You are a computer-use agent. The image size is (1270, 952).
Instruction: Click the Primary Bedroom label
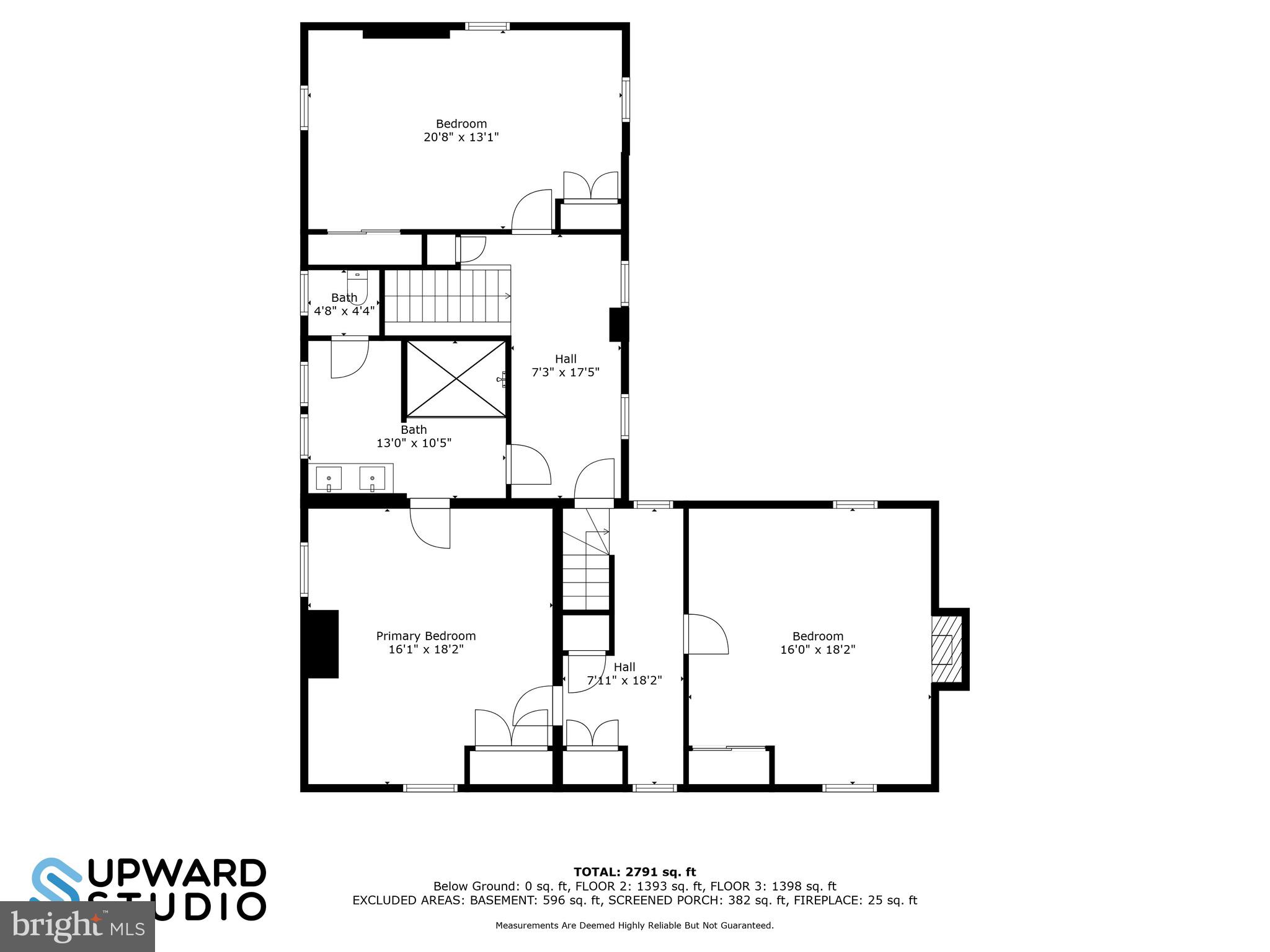[425, 636]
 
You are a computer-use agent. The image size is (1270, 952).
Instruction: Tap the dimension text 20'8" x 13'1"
[461, 137]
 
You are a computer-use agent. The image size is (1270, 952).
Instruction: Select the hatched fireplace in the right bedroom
[944, 650]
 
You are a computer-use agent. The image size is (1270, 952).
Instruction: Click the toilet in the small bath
[357, 287]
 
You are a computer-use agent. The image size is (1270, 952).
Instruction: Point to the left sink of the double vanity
[329, 478]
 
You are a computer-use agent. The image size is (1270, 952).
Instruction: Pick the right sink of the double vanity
[372, 478]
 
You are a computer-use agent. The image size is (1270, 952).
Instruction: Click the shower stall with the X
[456, 379]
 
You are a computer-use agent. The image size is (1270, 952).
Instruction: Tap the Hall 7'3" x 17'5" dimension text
[565, 372]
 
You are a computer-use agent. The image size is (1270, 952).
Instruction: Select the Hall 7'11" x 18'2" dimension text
[624, 680]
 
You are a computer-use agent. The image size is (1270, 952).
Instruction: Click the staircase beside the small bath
[446, 296]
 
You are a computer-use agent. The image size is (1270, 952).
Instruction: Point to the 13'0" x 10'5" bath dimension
[414, 443]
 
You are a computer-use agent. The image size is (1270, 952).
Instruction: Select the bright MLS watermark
[78, 926]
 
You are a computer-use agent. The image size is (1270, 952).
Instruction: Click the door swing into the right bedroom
[707, 634]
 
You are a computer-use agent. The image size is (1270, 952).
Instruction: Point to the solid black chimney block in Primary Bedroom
[323, 644]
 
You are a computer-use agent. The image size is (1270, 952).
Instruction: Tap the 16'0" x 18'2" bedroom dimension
[817, 650]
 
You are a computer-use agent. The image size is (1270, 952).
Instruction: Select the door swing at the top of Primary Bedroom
[430, 527]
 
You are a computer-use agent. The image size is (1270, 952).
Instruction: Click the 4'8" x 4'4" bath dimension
[344, 311]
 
